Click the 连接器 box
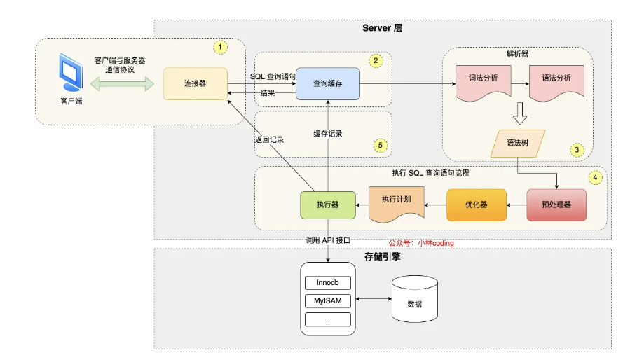[196, 83]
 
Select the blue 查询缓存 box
[328, 83]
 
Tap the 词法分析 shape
[484, 83]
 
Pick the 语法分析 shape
[556, 83]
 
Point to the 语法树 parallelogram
[517, 143]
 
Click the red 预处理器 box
[556, 205]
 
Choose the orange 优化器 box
[477, 205]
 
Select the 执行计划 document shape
[397, 204]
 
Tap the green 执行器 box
[328, 205]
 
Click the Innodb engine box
[328, 283]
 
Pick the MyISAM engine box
[328, 301]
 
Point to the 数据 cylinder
[415, 299]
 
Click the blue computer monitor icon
[71, 72]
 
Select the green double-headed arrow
[122, 84]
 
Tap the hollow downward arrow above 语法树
[520, 113]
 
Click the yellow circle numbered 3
[577, 150]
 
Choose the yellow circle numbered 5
[380, 145]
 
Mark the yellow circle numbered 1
[220, 47]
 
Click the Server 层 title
[382, 28]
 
